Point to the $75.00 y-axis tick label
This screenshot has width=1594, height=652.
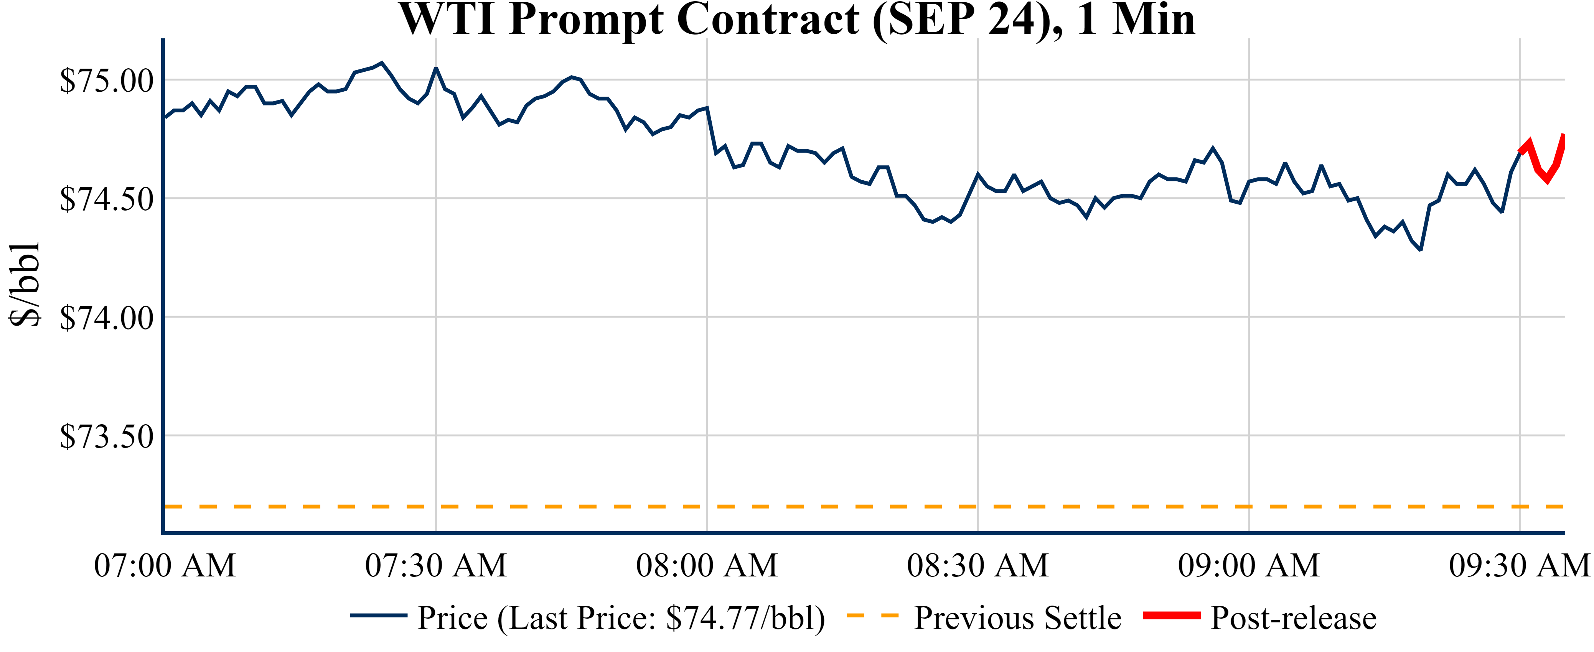(x=106, y=81)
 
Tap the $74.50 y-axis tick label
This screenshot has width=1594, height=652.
(x=106, y=199)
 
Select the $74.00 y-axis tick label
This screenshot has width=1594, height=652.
(x=106, y=318)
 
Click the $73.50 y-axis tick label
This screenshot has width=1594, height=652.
(x=106, y=437)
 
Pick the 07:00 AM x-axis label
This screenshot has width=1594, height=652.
(x=165, y=565)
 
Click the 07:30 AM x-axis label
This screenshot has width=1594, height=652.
(x=436, y=565)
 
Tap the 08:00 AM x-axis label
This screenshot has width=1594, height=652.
(x=707, y=565)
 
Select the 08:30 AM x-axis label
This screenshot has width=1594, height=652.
(x=977, y=565)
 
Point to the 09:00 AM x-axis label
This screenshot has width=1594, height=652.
(x=1249, y=565)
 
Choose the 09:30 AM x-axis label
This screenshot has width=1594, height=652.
(x=1519, y=565)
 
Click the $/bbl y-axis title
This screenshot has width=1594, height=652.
(x=25, y=285)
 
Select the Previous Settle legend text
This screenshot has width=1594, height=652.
(x=1018, y=618)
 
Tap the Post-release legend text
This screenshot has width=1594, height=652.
(x=1293, y=618)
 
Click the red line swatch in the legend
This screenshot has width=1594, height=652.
(x=1171, y=616)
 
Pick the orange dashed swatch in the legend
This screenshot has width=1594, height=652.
(x=872, y=616)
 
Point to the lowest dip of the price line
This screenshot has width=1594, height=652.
(x=1421, y=249)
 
